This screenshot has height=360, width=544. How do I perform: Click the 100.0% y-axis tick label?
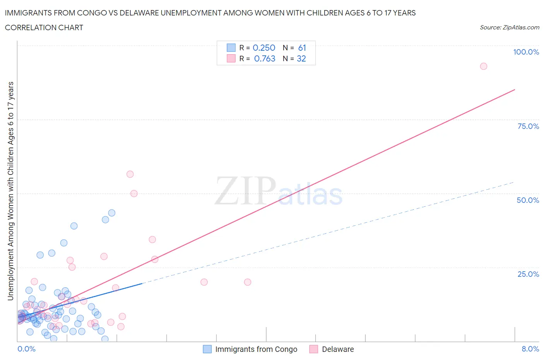[x=526, y=52]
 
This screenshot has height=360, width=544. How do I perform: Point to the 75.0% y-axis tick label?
[x=528, y=126]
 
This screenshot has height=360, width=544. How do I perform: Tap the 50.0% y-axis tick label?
[x=528, y=200]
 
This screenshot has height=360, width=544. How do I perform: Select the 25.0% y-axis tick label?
[x=528, y=274]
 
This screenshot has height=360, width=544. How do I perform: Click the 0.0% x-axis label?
[x=26, y=349]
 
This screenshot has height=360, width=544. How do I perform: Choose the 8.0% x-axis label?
[x=530, y=349]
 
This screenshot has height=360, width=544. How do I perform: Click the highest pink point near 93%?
[x=483, y=66]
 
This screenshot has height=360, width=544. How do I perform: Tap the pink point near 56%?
[x=130, y=174]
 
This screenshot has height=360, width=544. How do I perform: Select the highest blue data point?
[x=112, y=213]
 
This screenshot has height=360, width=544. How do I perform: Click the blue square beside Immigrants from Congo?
[x=207, y=349]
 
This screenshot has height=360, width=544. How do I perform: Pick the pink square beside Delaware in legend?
[x=314, y=349]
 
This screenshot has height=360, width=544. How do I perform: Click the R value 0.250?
[x=264, y=48]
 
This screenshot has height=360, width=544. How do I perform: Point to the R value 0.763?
[x=265, y=58]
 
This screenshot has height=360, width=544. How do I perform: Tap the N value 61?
[x=302, y=48]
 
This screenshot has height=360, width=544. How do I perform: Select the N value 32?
[x=301, y=58]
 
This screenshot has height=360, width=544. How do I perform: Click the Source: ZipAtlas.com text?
[x=509, y=27]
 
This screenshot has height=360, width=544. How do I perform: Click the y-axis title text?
[x=10, y=191]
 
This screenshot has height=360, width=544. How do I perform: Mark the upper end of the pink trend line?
[x=515, y=90]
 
